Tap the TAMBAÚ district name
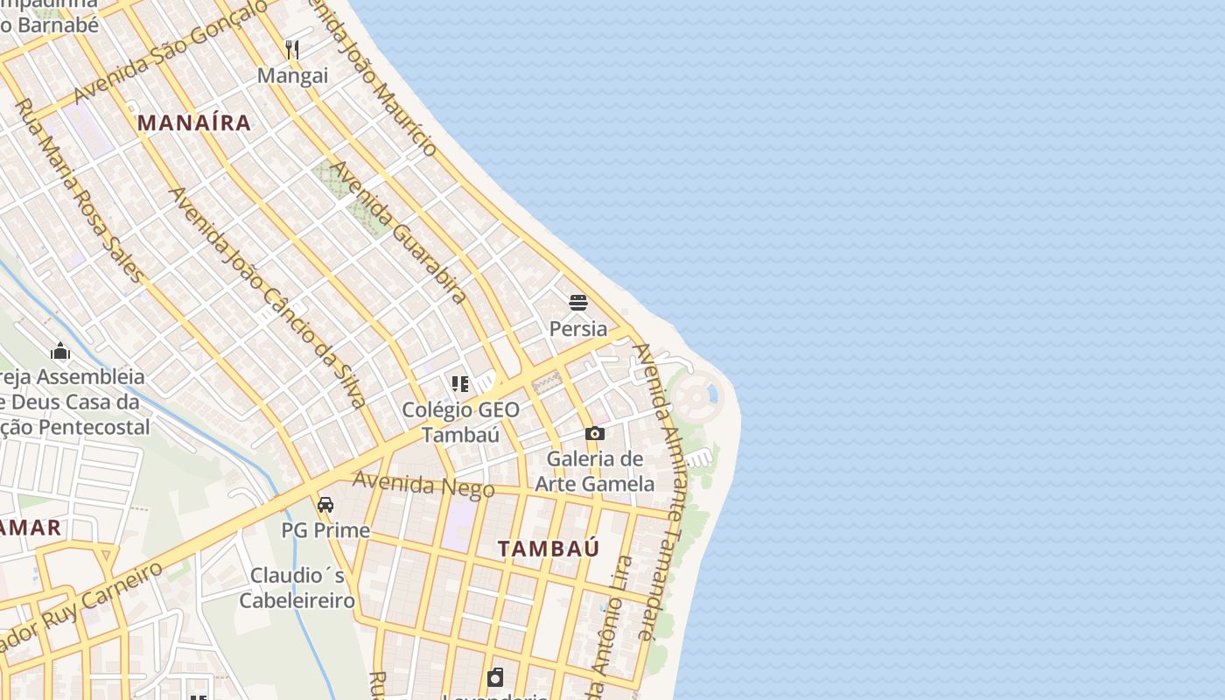tap(549, 549)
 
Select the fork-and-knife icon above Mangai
tap(292, 49)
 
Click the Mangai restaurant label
tap(292, 76)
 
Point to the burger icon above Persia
tap(577, 303)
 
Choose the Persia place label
tap(577, 329)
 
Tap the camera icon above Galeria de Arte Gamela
tap(595, 433)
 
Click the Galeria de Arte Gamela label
tap(595, 471)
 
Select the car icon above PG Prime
tap(325, 505)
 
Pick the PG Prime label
tap(325, 530)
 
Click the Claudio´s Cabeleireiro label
tap(297, 587)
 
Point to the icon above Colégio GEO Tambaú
tap(460, 383)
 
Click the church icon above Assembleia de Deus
tap(60, 351)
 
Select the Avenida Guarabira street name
tap(399, 232)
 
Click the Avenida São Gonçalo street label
tap(171, 52)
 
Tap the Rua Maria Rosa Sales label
tap(80, 191)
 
